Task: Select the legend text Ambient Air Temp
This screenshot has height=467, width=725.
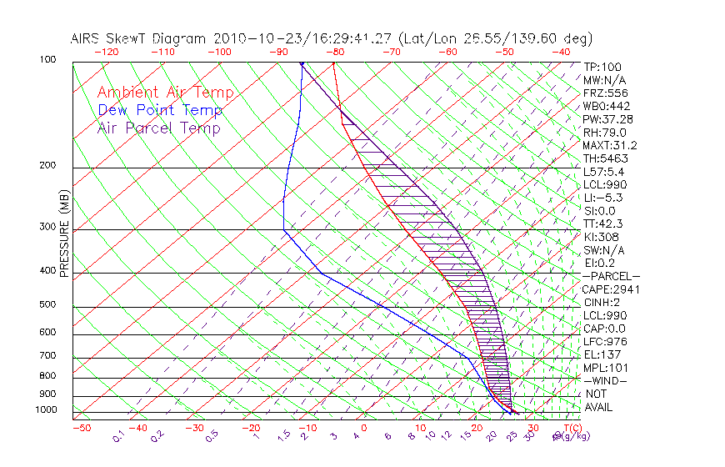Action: point(165,93)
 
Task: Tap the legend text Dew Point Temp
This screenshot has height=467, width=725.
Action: point(159,110)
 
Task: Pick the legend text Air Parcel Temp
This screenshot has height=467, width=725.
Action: point(158,128)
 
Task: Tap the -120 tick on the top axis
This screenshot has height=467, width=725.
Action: point(106,52)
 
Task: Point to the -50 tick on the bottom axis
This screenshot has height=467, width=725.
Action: point(81,428)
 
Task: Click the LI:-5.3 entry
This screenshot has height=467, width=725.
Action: point(602,198)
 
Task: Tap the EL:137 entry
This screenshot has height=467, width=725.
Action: point(600,354)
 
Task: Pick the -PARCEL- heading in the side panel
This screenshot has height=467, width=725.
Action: point(611,276)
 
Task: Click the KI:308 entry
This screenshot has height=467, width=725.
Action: point(600,237)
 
